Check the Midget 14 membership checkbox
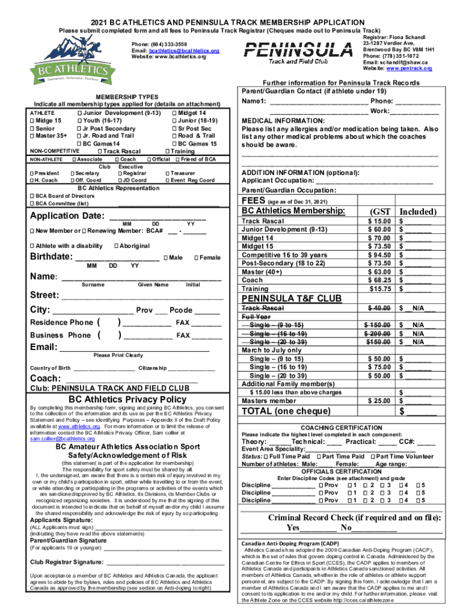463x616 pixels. coord(175,113)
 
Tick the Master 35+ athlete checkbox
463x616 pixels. coord(32,136)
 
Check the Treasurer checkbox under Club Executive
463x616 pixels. coord(167,173)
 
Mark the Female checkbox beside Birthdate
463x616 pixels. coord(197,258)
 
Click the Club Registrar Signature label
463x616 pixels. coord(66,562)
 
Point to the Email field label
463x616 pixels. coord(43,347)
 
